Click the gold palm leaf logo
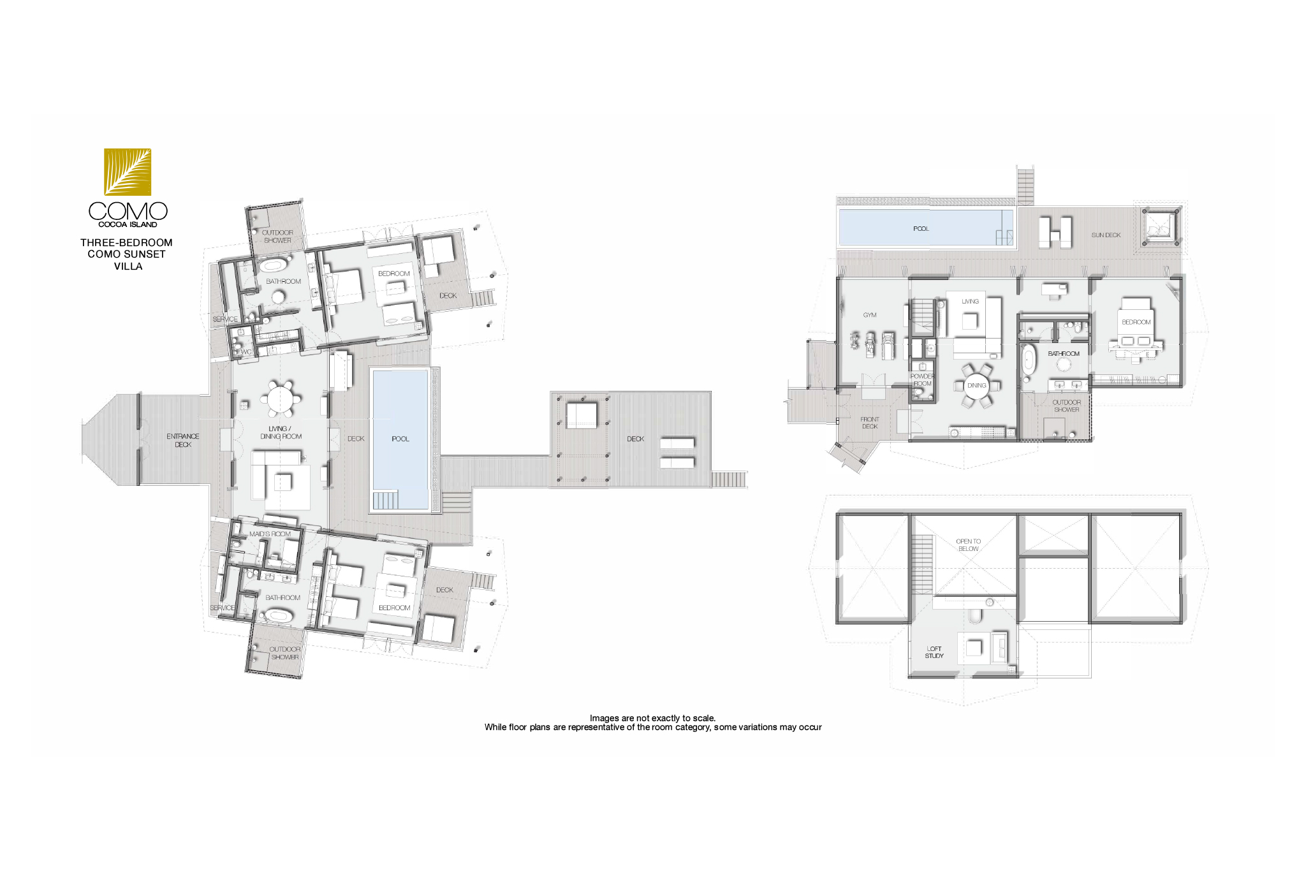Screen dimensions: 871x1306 point(128,172)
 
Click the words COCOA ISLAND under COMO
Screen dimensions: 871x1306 point(128,224)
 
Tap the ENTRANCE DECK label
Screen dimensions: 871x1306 point(183,441)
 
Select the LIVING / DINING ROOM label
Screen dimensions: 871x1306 point(281,432)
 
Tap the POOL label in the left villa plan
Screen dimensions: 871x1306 point(400,439)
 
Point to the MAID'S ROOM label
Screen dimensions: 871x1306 point(270,534)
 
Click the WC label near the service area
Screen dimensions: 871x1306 point(246,352)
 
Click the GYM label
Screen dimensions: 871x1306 point(870,315)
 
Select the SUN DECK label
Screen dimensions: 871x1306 point(1106,235)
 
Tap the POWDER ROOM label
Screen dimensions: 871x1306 point(922,380)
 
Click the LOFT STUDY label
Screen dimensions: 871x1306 point(934,652)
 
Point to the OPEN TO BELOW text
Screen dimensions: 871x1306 point(968,545)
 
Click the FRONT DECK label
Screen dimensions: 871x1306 point(870,423)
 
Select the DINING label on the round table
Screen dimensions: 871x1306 point(976,386)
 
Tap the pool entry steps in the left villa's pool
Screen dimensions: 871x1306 point(385,500)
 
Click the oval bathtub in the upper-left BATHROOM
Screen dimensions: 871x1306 point(273,265)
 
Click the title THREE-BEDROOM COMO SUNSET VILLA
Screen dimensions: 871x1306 point(127,254)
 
